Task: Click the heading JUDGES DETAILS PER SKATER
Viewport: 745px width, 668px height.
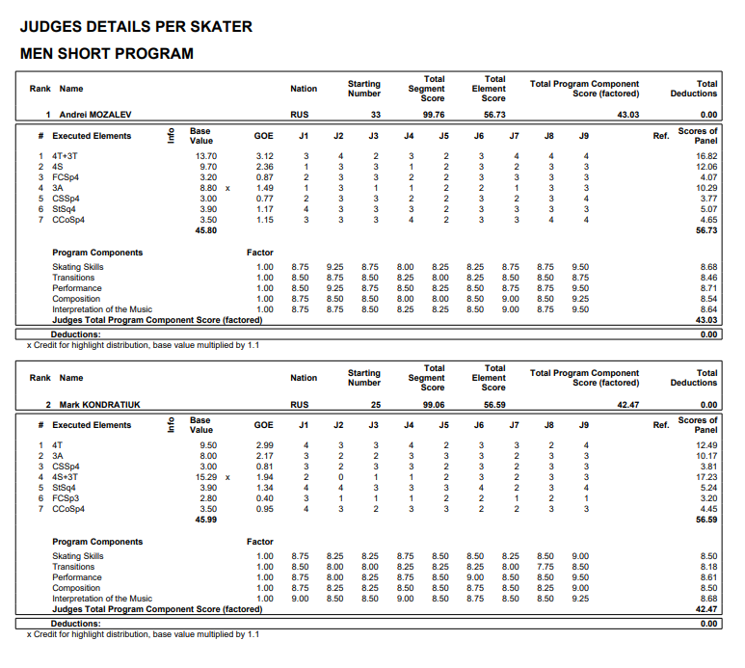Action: (x=136, y=27)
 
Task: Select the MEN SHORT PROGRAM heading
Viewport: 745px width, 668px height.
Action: (x=106, y=54)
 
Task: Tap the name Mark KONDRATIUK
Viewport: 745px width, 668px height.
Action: (x=99, y=405)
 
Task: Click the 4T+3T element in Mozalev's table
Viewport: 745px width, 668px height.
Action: (x=67, y=155)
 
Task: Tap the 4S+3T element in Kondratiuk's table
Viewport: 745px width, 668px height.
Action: (x=67, y=476)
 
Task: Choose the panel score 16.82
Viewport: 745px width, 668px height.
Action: (x=706, y=155)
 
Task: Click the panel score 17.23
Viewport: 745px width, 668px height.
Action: (x=706, y=476)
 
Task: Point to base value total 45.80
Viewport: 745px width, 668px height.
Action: (x=205, y=230)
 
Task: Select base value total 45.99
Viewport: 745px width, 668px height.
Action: (x=205, y=520)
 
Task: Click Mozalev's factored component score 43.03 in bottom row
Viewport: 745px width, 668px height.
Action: (x=706, y=319)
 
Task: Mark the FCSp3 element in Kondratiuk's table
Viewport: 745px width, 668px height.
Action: (x=66, y=497)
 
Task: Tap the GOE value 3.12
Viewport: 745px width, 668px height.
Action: (x=264, y=155)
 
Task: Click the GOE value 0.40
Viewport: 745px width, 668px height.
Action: (x=264, y=497)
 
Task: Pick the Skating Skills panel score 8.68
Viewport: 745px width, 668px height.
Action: (x=708, y=267)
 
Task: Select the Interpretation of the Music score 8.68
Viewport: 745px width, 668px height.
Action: (x=708, y=599)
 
